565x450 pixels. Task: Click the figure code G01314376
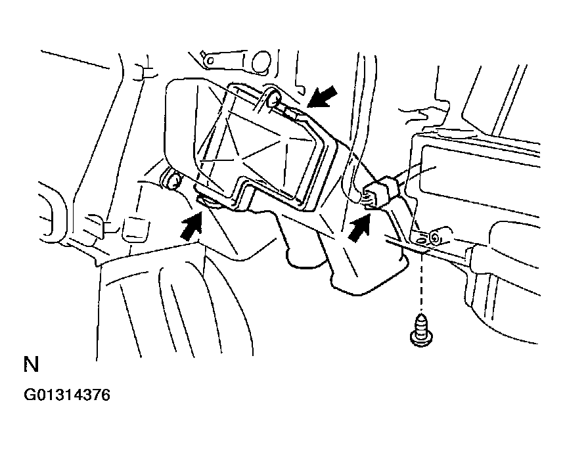click(x=66, y=395)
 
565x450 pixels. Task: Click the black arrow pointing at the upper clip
click(x=323, y=96)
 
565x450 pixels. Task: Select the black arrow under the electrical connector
click(x=359, y=228)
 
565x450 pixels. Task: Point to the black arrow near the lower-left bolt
click(x=192, y=226)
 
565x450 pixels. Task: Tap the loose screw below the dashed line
click(x=421, y=330)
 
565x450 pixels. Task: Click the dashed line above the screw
click(x=422, y=281)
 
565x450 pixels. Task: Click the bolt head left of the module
click(x=173, y=180)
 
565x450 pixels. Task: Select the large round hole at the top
click(x=261, y=62)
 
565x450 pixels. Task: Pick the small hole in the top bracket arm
click(x=210, y=60)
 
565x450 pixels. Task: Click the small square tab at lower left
click(x=135, y=229)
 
